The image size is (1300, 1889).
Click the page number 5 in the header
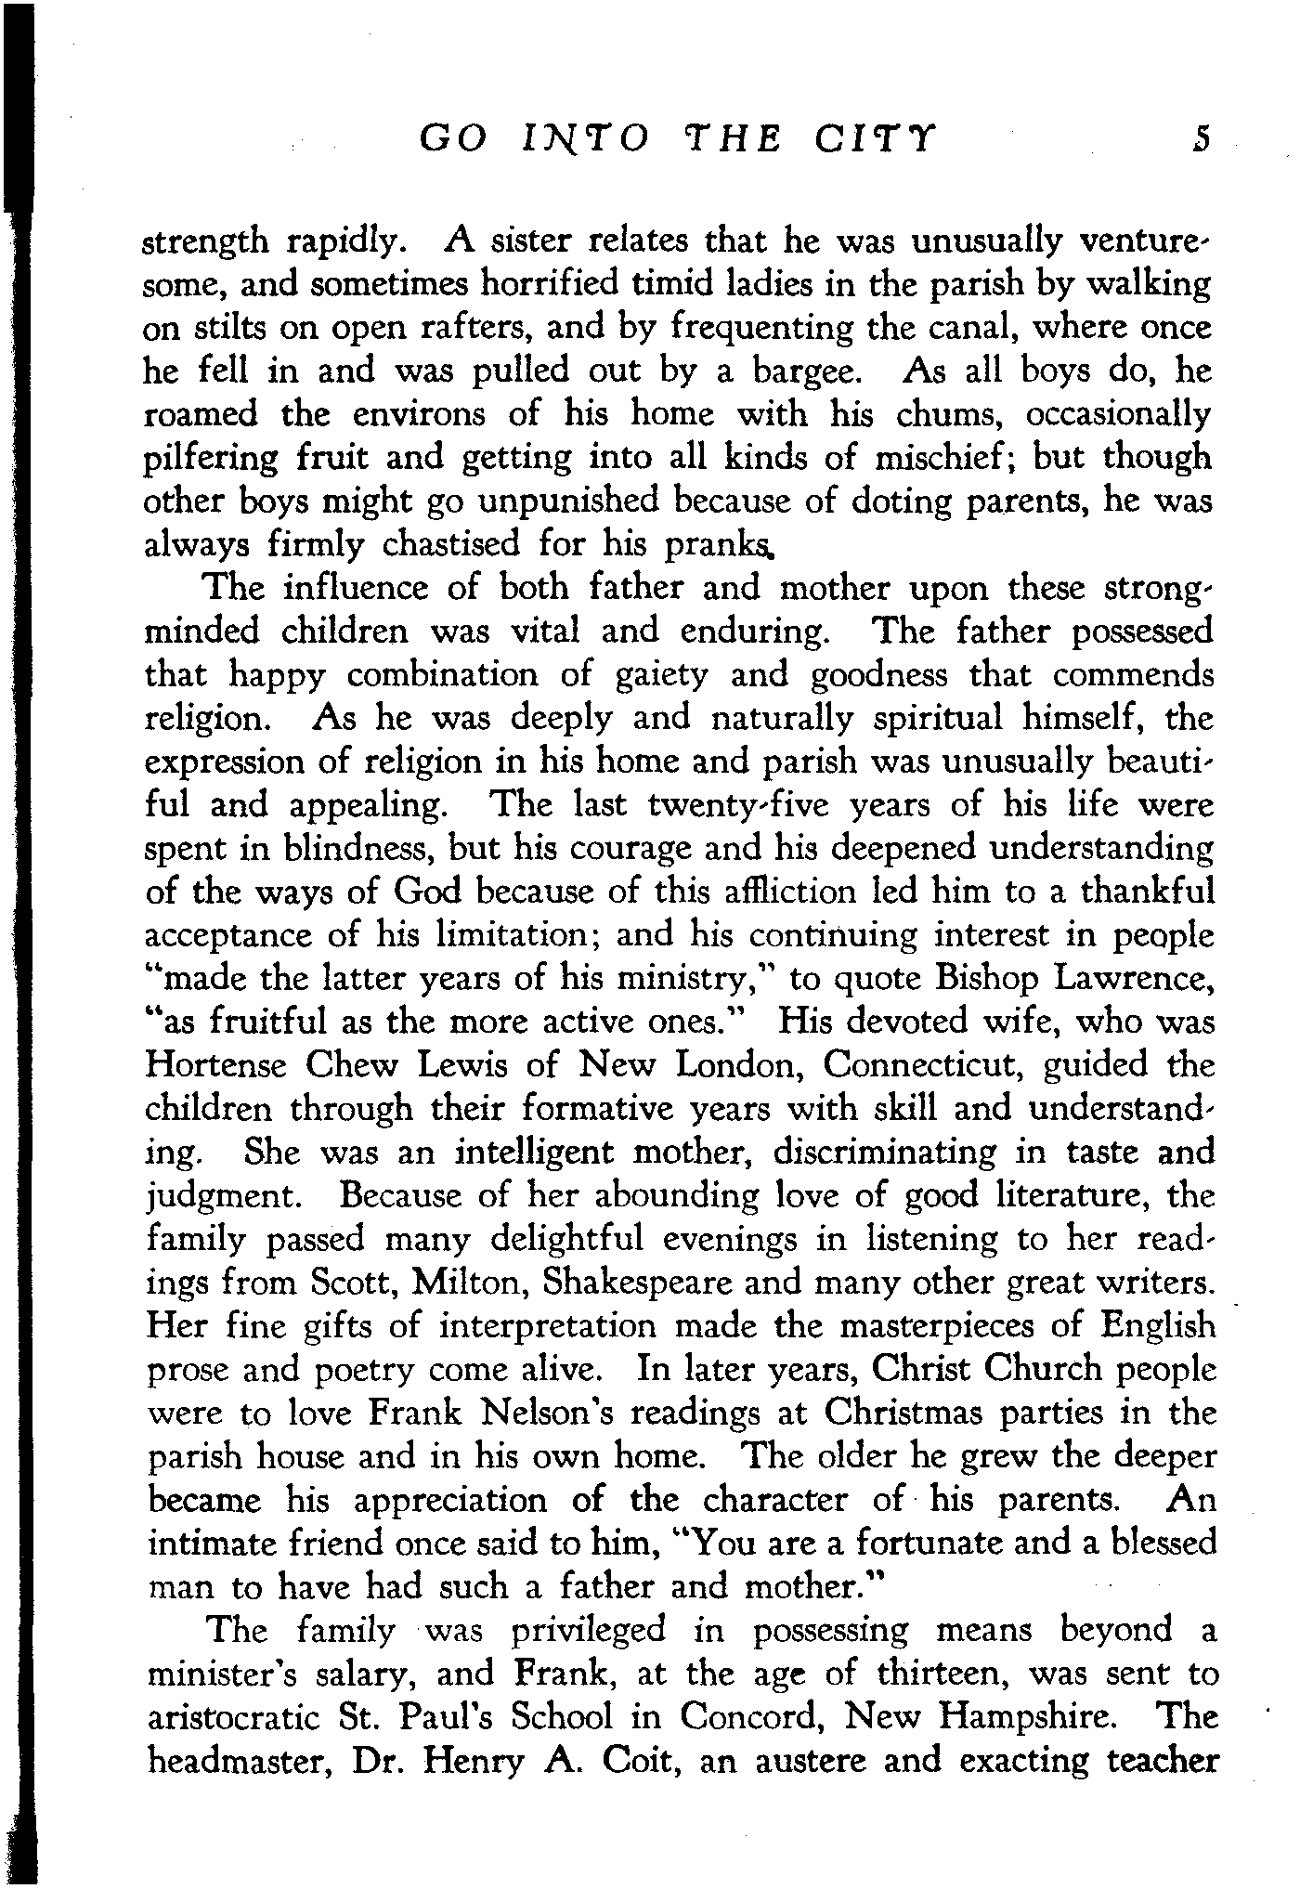tap(1202, 139)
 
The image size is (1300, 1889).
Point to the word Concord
tap(751, 1718)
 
